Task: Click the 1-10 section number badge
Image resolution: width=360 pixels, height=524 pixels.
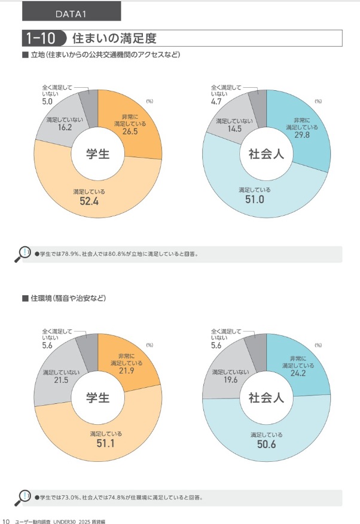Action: click(x=41, y=39)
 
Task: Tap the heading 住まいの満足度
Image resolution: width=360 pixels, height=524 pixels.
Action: click(x=114, y=39)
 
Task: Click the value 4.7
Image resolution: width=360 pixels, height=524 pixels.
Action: click(x=216, y=102)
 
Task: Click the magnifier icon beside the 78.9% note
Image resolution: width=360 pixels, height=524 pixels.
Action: click(x=23, y=254)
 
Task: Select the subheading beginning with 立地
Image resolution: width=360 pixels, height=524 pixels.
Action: click(x=105, y=55)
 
